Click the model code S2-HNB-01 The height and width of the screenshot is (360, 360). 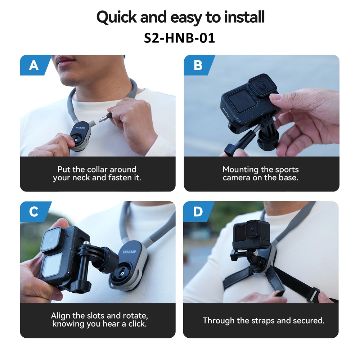pos(180,38)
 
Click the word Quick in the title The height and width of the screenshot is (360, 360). pos(117,17)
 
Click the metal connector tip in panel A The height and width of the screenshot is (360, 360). pos(103,119)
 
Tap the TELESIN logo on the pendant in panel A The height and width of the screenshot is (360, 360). pos(81,128)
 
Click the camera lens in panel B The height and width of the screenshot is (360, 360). pos(262,86)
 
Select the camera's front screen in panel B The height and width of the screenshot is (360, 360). pos(242,102)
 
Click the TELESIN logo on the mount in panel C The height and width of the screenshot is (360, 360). pos(129,252)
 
